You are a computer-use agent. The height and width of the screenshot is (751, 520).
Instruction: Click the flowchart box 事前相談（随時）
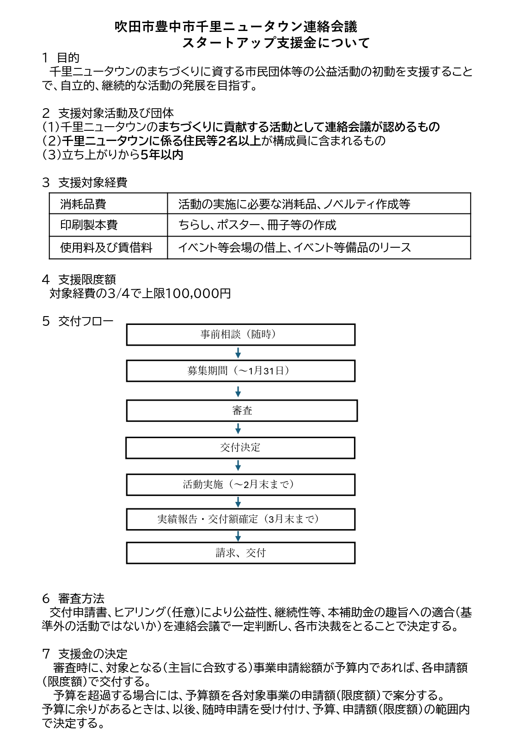(240, 335)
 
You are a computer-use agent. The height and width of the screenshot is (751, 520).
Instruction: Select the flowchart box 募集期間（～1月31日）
(240, 371)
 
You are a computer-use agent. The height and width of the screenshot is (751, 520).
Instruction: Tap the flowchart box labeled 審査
(242, 410)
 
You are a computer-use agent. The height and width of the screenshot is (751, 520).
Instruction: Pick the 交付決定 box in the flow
(240, 447)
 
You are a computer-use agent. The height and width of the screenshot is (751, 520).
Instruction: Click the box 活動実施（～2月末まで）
(240, 484)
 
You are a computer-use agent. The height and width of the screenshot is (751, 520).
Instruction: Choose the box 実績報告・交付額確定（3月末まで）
(240, 519)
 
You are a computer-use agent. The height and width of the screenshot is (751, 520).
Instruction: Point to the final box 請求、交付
(240, 553)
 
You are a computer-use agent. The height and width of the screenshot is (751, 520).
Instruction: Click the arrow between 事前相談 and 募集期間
(238, 353)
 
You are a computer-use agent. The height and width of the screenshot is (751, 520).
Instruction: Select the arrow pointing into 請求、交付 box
(238, 536)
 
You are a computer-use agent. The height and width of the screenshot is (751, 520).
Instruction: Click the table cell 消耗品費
(83, 204)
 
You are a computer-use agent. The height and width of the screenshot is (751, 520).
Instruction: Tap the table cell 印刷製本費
(89, 225)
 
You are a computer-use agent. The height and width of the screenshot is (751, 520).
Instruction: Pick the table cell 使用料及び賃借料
(106, 248)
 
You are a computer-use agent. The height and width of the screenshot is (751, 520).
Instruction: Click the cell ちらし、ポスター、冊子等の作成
(257, 225)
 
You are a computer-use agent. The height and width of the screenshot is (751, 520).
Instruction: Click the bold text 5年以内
(162, 155)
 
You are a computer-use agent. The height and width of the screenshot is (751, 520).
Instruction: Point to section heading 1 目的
(61, 58)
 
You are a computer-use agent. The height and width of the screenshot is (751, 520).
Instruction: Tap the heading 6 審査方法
(73, 598)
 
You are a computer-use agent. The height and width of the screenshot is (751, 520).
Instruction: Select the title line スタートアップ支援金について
(276, 43)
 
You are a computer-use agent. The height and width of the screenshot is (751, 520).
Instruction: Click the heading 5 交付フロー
(78, 321)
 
